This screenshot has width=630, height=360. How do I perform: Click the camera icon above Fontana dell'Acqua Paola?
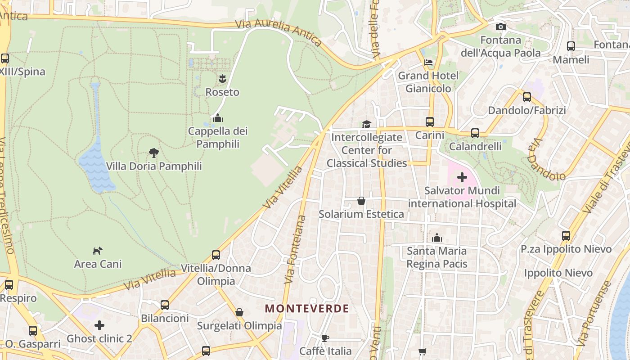tap(500, 27)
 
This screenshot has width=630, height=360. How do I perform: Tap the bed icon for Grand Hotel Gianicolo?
tap(428, 63)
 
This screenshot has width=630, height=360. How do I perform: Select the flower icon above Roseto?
tap(222, 79)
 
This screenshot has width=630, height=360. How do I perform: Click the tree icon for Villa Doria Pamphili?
tap(154, 153)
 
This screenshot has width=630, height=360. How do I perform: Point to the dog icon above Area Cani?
tap(98, 251)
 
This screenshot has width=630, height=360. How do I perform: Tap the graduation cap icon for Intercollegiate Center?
tap(366, 124)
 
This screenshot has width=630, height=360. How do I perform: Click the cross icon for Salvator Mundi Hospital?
tap(462, 177)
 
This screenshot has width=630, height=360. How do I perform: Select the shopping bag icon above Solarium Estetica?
tap(361, 201)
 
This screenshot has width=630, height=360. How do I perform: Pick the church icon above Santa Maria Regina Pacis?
tap(436, 238)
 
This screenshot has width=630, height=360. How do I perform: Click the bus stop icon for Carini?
tap(430, 122)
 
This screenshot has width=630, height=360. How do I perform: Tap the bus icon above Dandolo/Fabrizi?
tap(526, 97)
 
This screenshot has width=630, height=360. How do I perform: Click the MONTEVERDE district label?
tap(307, 309)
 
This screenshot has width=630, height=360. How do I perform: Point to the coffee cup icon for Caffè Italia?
tap(325, 338)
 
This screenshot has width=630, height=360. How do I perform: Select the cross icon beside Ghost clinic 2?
tap(99, 325)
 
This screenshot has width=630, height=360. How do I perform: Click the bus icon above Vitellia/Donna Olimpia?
tap(216, 255)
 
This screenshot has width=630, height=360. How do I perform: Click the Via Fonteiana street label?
tap(295, 250)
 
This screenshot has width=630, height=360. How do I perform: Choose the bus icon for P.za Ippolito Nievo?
tap(566, 236)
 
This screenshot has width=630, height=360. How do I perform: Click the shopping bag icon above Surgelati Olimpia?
tap(239, 312)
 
